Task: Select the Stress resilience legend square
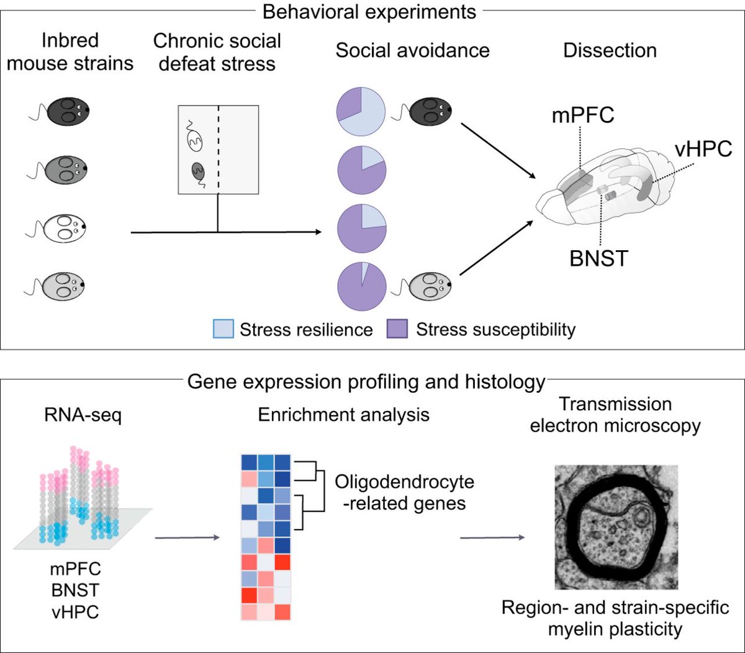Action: pyautogui.click(x=223, y=328)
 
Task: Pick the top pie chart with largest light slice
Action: pyautogui.click(x=361, y=112)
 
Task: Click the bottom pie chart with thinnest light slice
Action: pyautogui.click(x=361, y=285)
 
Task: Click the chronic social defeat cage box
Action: pyautogui.click(x=218, y=149)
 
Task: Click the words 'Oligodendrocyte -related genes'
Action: pyautogui.click(x=404, y=492)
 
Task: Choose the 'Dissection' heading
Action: pyautogui.click(x=610, y=50)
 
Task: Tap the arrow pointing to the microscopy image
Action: pyautogui.click(x=490, y=538)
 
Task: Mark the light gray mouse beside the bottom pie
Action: pyautogui.click(x=428, y=285)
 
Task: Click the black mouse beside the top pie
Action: pyautogui.click(x=428, y=112)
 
